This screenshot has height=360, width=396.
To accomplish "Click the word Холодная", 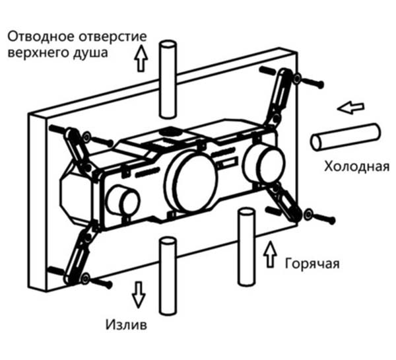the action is [x=357, y=167].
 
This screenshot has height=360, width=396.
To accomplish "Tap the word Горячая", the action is [x=312, y=264].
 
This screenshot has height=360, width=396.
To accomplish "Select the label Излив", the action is [x=126, y=324].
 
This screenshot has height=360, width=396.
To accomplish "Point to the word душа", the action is [x=90, y=54].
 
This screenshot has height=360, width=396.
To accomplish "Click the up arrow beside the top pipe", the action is [x=141, y=58].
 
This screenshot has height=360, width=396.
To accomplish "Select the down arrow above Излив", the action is [x=139, y=295].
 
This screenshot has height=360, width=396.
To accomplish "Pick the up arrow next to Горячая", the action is [x=270, y=254].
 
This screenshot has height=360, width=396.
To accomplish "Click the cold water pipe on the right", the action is [x=346, y=137].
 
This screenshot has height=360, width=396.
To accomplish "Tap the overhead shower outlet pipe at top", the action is [x=168, y=79].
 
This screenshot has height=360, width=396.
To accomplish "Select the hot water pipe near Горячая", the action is [x=246, y=247].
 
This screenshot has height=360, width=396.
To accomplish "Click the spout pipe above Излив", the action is [x=168, y=276].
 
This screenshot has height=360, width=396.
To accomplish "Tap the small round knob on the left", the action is [x=123, y=201].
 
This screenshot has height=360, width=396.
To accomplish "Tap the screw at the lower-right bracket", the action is [x=320, y=217].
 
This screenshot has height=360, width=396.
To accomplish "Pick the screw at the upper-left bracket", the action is [x=98, y=139].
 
